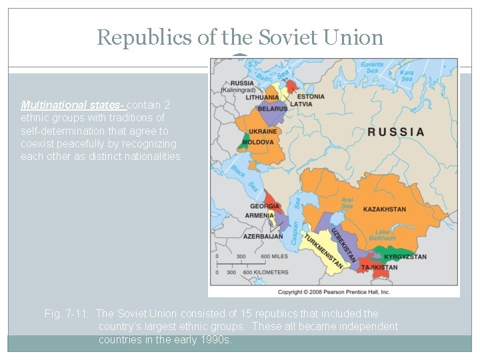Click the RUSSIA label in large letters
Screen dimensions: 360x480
coord(395,131)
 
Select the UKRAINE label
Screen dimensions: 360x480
coord(263,132)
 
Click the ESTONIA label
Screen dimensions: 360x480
coord(311,97)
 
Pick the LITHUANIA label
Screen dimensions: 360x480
coord(262,97)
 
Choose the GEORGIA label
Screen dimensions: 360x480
coord(265,206)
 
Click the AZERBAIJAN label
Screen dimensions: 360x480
coord(263,237)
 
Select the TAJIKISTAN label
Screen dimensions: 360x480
coord(379,267)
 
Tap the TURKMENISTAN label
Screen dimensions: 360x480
coord(325,252)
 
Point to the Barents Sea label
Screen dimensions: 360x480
coord(373,68)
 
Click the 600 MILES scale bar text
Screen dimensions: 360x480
coord(274,257)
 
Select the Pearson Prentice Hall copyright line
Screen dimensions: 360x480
coord(333,292)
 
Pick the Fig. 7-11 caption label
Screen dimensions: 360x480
coord(67,313)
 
